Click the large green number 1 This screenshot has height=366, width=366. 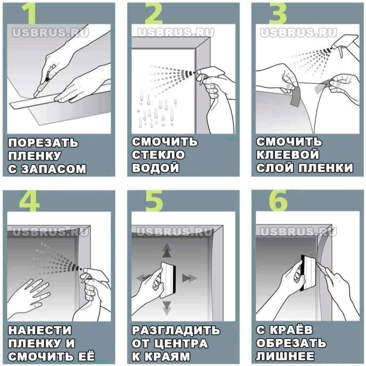tap(30, 13)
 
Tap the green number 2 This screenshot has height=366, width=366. tap(154, 13)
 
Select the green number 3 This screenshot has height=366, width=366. tap(278, 13)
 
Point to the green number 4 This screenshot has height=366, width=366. tap(29, 201)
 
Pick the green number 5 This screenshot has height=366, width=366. tap(154, 201)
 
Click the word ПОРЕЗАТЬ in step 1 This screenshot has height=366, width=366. tap(43, 143)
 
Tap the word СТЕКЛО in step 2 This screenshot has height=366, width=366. tap(159, 155)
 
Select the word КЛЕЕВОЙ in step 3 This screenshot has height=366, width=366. tap(288, 155)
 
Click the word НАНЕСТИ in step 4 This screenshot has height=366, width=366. tap(40, 330)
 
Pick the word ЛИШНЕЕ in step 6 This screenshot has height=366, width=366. tap(285, 356)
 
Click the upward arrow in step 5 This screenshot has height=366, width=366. tap(167, 251)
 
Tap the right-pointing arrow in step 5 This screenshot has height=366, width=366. tap(190, 278)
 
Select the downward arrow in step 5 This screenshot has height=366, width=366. tap(167, 308)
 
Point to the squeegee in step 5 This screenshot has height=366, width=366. tap(168, 280)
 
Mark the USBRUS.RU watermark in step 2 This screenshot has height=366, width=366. tap(176, 33)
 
